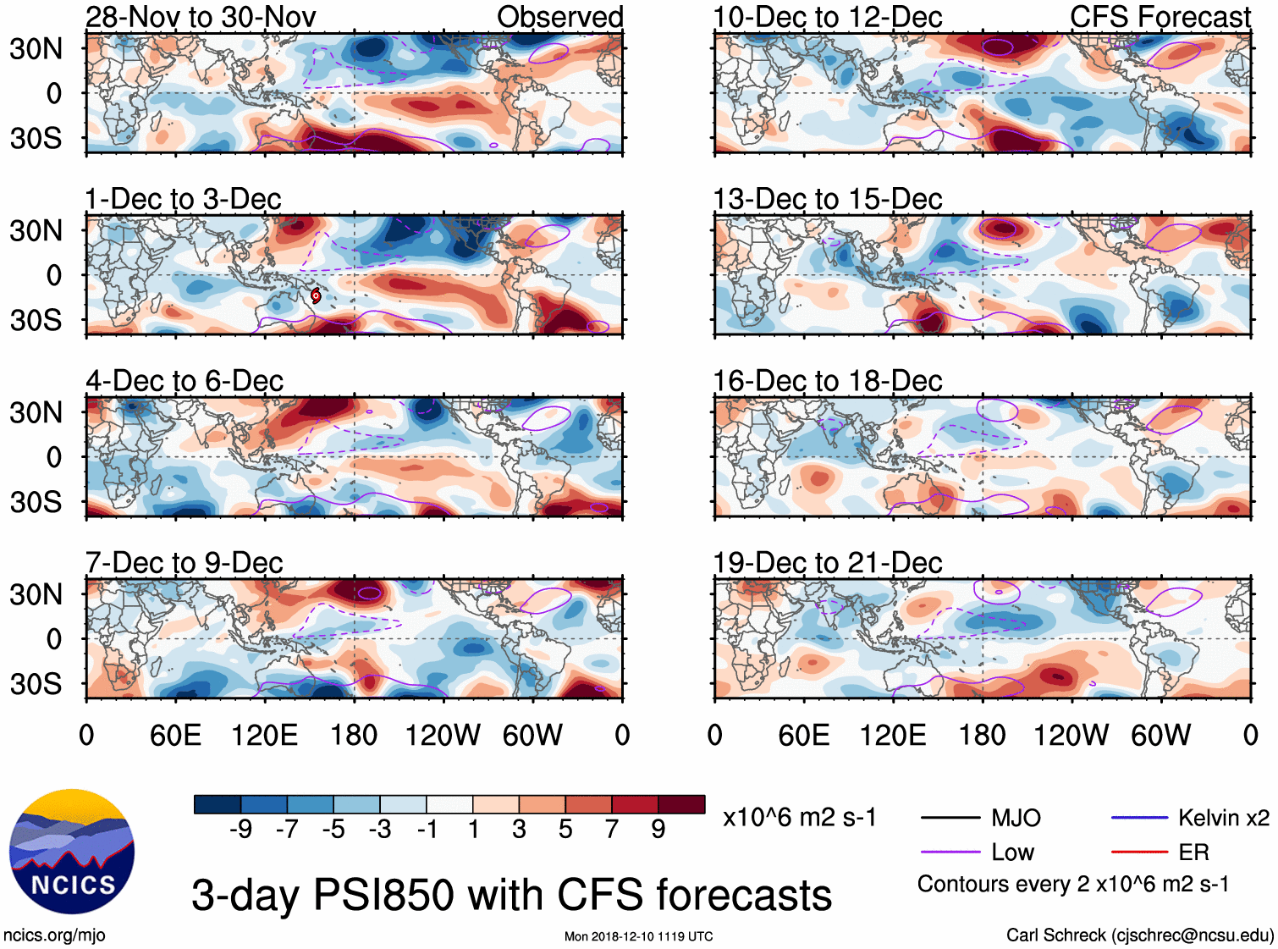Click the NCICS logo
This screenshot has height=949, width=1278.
click(71, 852)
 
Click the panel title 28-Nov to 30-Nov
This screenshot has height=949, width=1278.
click(201, 17)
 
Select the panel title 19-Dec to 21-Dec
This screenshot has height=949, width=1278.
click(828, 563)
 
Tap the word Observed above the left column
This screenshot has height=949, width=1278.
click(559, 17)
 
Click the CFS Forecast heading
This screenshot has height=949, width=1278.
click(1160, 17)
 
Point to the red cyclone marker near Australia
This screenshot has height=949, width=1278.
click(316, 295)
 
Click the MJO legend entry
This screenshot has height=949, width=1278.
click(1016, 818)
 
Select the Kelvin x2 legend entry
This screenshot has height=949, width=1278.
click(1223, 818)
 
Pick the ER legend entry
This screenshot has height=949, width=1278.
click(1193, 852)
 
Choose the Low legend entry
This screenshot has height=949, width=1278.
click(1012, 852)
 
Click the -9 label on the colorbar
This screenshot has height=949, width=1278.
click(240, 830)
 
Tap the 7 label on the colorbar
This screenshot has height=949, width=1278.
click(612, 830)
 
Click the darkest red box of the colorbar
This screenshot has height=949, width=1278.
click(681, 804)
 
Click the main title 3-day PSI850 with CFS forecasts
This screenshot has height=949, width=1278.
click(511, 895)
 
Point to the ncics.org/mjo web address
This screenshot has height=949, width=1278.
click(54, 935)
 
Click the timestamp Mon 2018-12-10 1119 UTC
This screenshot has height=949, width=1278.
click(638, 936)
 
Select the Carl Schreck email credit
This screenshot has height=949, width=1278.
click(1139, 935)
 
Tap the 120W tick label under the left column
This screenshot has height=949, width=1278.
click(443, 735)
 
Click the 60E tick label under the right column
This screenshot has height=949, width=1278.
click(803, 735)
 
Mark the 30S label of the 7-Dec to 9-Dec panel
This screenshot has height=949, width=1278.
click(36, 684)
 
